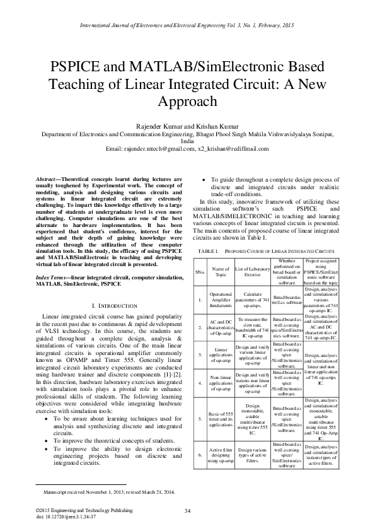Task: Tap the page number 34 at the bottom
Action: pyautogui.click(x=187, y=510)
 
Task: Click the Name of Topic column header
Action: pyautogui.click(x=221, y=272)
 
